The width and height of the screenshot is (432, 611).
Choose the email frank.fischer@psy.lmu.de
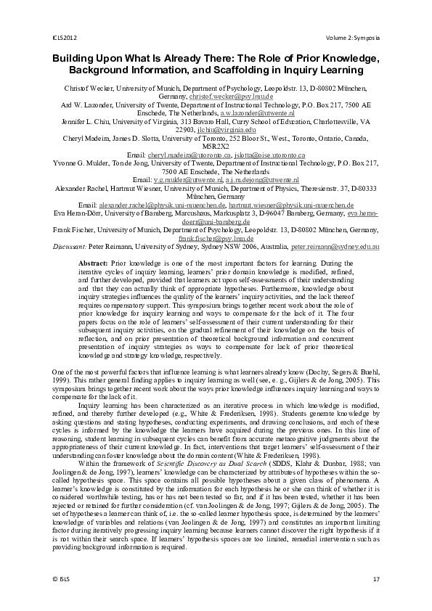click(x=216, y=237)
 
